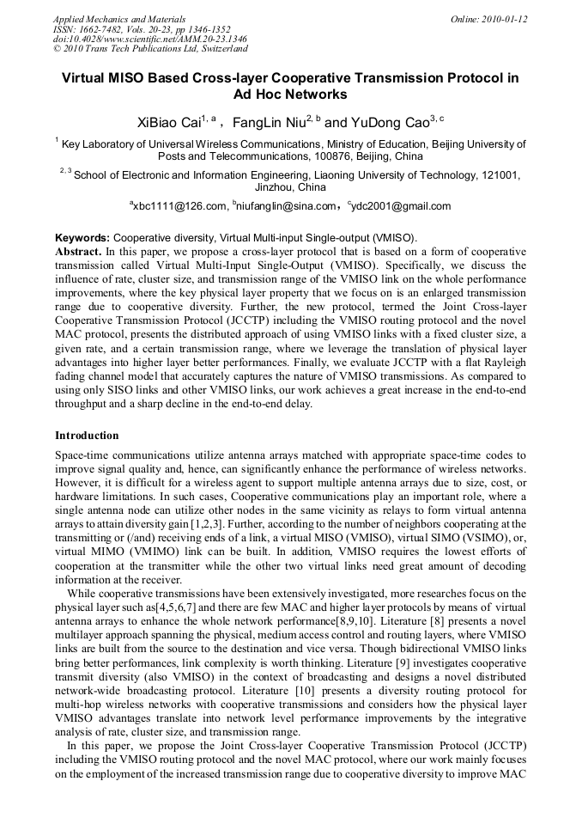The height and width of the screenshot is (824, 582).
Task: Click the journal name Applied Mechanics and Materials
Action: click(119, 18)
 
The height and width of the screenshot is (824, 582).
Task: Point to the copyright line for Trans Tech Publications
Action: click(150, 49)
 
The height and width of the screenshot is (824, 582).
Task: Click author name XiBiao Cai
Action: click(168, 122)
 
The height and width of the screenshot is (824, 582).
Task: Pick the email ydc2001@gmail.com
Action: click(401, 206)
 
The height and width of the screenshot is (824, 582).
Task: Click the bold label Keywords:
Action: click(82, 237)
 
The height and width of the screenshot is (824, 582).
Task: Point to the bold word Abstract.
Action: click(77, 251)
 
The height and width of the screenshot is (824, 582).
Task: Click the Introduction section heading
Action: click(87, 436)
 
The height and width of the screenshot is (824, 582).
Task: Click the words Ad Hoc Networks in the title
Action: click(290, 95)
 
